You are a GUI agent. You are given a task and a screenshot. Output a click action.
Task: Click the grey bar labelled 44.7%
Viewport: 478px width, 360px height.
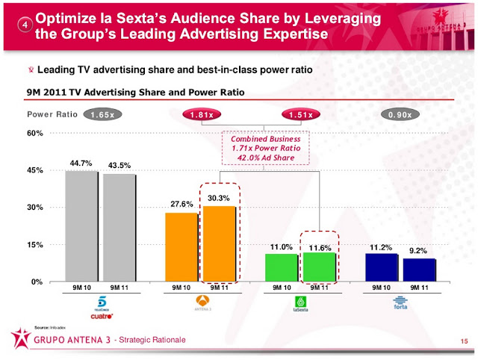(81, 226)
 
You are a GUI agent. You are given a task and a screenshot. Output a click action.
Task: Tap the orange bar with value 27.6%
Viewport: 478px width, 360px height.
(181, 246)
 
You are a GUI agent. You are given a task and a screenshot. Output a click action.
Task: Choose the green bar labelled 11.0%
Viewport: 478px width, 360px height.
(281, 267)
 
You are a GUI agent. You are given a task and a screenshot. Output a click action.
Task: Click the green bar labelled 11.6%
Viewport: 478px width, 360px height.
(319, 266)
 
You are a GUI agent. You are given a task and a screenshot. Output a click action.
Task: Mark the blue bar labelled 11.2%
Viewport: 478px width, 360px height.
(381, 267)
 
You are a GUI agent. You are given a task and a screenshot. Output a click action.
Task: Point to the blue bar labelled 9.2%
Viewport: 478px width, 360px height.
(418, 269)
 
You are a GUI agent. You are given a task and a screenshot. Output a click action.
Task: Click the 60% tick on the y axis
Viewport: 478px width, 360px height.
(36, 134)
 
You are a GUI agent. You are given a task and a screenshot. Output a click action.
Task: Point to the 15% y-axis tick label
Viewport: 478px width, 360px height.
(36, 244)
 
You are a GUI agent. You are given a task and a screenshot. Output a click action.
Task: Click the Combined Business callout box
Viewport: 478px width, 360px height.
(265, 149)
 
